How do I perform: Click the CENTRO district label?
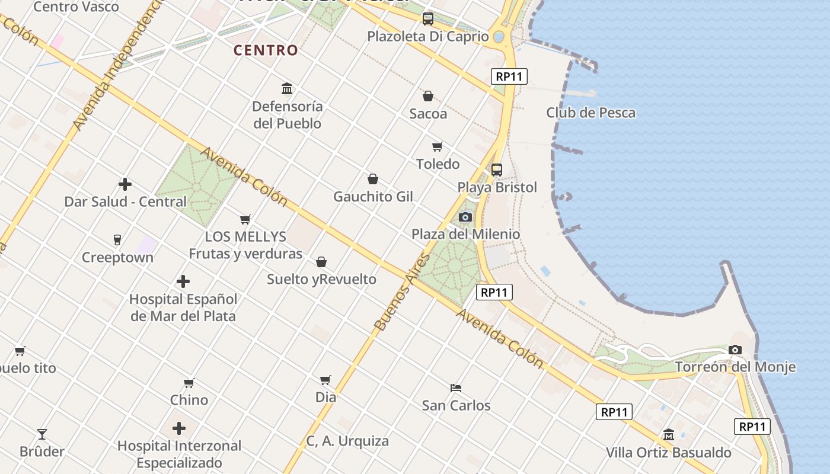pos(266,50)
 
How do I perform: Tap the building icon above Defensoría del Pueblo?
pos(287,89)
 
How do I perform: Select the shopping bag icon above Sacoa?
pos(427,95)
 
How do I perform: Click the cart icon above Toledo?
pos(438,146)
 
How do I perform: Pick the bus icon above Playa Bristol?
pos(497,170)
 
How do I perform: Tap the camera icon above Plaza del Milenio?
pos(465,217)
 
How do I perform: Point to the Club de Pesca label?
pos(590,113)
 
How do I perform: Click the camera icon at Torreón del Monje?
pos(735,350)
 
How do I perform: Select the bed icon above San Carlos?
pos(456,388)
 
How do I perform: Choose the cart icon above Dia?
pos(325,380)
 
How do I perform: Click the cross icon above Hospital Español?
pos(183,281)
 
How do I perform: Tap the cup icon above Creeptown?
pos(117,240)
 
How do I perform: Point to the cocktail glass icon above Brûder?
pos(42,434)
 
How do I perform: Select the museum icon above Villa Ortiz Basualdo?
pos(669,435)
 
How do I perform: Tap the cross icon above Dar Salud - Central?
pos(125,184)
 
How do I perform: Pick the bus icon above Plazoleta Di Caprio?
pos(428,19)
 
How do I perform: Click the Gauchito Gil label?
pos(373,196)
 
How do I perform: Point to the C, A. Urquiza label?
pos(347,441)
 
